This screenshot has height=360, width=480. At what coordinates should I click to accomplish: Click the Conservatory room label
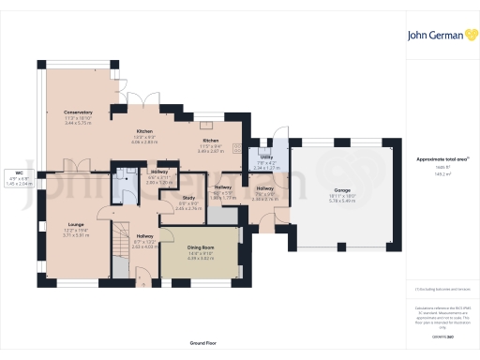point(79,112)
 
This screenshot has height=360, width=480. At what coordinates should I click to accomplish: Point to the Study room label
point(187,197)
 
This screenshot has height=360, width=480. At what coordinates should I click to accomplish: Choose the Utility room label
point(266,157)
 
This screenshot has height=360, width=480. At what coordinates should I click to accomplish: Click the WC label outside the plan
point(18,173)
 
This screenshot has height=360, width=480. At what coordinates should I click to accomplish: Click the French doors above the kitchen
point(141,97)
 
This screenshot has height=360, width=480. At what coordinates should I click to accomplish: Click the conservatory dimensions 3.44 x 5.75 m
point(79,124)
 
